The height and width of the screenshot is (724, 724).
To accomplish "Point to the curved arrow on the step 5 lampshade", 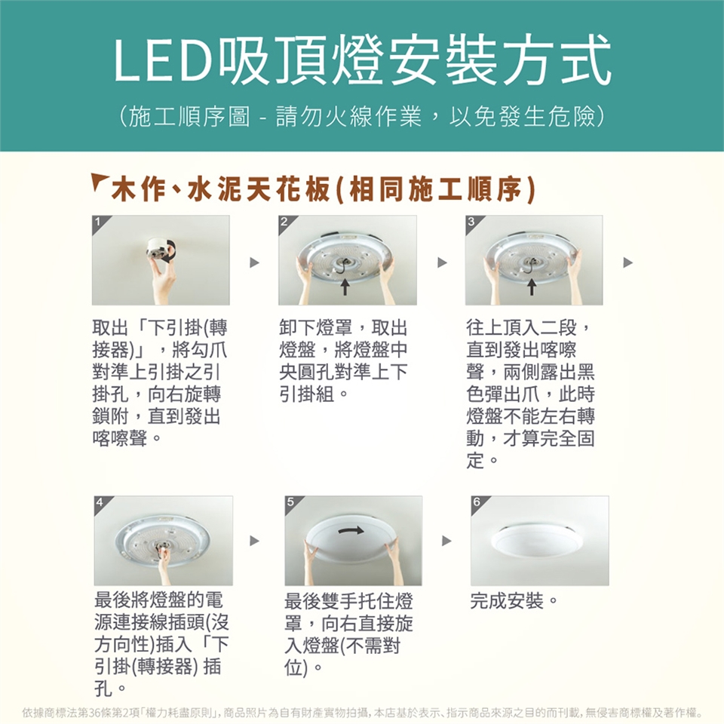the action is coord(351,530).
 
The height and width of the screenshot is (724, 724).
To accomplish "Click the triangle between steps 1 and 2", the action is coord(254,262).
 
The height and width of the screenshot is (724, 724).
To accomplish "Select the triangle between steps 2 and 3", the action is coord(443,262).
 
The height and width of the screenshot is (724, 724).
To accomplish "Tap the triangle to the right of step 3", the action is coord(628,262).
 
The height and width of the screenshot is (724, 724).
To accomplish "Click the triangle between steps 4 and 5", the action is coord(254,541).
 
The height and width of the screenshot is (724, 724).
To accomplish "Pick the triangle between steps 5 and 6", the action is coord(446,541).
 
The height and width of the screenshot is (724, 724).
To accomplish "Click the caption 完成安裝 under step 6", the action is coord(507,601).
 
